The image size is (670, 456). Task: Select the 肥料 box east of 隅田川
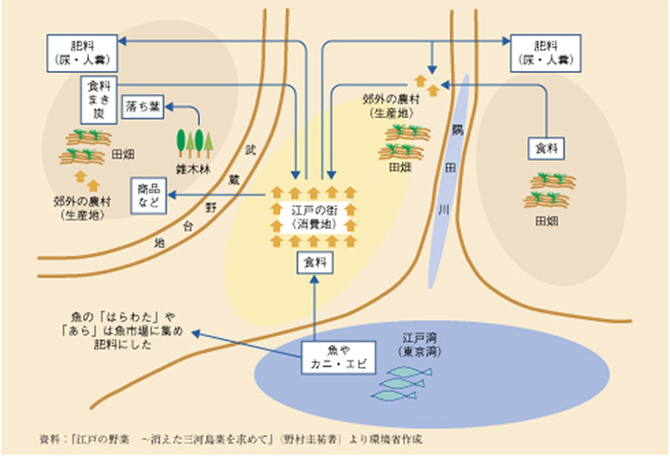tap(545, 51)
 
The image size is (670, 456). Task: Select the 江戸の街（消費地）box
tap(314, 217)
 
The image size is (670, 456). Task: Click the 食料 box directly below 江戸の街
tap(315, 262)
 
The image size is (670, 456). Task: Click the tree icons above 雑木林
tap(191, 142)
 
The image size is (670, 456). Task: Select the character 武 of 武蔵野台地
tap(251, 151)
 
